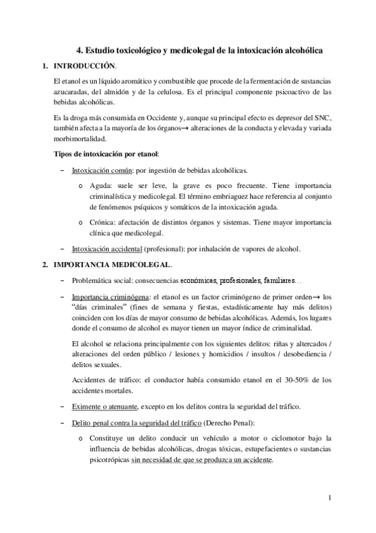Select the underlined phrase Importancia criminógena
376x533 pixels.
click(x=104, y=297)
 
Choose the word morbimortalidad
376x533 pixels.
click(x=80, y=139)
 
